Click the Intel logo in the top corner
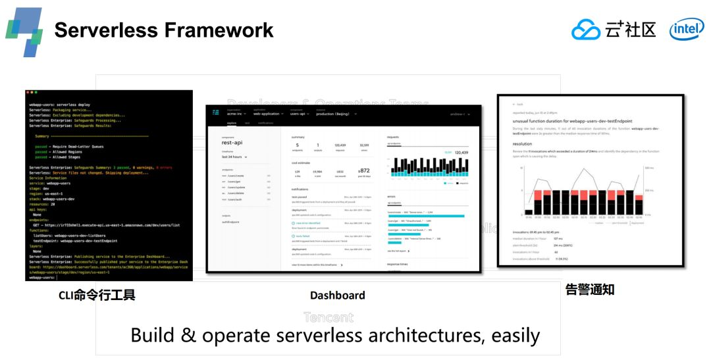pyautogui.click(x=687, y=29)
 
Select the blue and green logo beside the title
pyautogui.click(x=25, y=31)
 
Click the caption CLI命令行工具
pyautogui.click(x=97, y=296)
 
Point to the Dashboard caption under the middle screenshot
pyautogui.click(x=337, y=296)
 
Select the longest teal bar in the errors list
pyautogui.click(x=426, y=215)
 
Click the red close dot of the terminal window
pyautogui.click(x=29, y=92)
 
